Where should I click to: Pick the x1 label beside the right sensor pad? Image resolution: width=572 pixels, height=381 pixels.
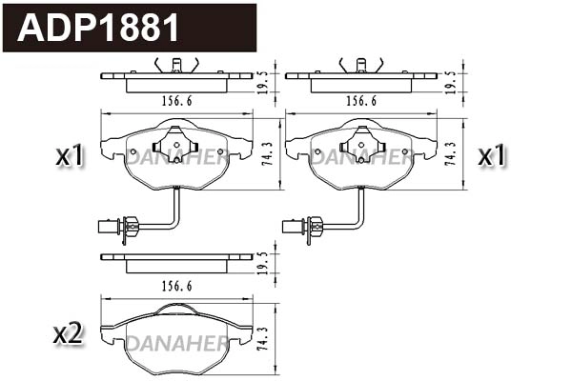click(491, 155)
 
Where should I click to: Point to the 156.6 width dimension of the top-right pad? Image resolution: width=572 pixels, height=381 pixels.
click(361, 99)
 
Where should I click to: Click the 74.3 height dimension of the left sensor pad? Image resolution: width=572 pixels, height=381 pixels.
click(267, 153)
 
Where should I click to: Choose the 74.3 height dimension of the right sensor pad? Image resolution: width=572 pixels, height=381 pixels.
click(451, 153)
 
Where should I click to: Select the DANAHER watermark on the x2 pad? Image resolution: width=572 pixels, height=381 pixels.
click(176, 342)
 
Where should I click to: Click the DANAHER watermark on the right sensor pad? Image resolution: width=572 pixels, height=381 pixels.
click(361, 159)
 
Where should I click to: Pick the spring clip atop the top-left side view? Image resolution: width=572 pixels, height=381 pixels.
click(176, 64)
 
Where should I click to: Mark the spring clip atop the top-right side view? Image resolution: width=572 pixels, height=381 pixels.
click(361, 64)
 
